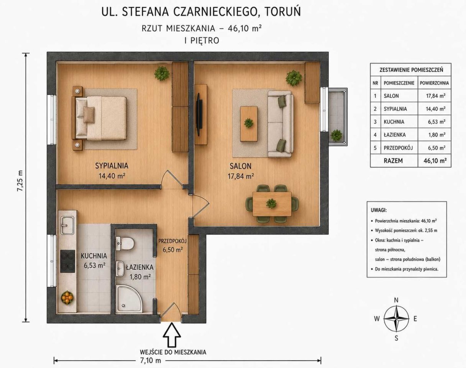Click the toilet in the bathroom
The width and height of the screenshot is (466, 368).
pyautogui.click(x=125, y=243)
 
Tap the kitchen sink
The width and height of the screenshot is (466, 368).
pyautogui.click(x=67, y=225)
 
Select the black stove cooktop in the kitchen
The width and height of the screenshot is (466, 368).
pyautogui.click(x=67, y=261)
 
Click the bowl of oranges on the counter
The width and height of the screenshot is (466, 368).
pyautogui.click(x=67, y=298)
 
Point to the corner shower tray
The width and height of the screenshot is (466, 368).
pyautogui.click(x=129, y=299)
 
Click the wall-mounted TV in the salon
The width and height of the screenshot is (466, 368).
pyautogui.click(x=199, y=114)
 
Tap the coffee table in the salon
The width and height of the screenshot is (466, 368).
pyautogui.click(x=249, y=124)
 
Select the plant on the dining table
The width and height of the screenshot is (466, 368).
pyautogui.click(x=271, y=204)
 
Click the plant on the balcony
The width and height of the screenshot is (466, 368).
pyautogui.click(x=336, y=136)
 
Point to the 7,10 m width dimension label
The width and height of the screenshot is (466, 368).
pyautogui.click(x=151, y=361)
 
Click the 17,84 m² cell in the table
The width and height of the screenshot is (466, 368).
pyautogui.click(x=436, y=96)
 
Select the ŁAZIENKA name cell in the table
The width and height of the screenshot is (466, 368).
pyautogui.click(x=395, y=135)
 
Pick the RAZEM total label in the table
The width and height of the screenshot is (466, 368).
pyautogui.click(x=393, y=161)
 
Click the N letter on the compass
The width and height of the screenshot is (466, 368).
pyautogui.click(x=396, y=300)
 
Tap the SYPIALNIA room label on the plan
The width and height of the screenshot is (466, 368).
pyautogui.click(x=112, y=166)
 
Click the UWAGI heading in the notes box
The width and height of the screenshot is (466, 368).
pyautogui.click(x=379, y=210)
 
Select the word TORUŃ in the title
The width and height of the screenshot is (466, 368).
pyautogui.click(x=283, y=12)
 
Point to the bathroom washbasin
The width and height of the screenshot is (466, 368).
pyautogui.click(x=120, y=269)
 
